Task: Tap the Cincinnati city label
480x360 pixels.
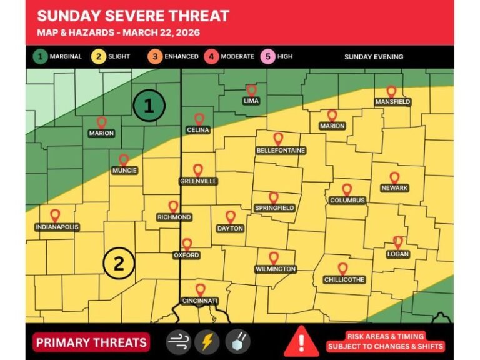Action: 200,301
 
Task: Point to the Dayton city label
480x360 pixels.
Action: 230,229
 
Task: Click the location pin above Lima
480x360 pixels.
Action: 251,91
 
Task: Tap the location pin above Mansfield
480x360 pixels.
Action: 391,92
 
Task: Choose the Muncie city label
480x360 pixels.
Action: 124,171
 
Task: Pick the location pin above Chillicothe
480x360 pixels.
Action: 342,269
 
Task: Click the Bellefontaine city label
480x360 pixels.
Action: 281,151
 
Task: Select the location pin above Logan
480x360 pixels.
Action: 397,242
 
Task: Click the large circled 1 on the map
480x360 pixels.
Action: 149,106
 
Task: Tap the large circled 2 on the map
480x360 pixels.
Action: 119,264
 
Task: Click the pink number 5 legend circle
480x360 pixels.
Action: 268,56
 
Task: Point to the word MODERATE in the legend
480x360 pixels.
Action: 237,56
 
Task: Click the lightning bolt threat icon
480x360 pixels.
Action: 207,342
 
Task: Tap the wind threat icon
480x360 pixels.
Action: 178,342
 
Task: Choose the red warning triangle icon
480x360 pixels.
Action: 301,341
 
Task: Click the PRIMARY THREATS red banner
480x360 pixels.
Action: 91,342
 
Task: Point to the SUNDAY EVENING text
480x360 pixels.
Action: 374,57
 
